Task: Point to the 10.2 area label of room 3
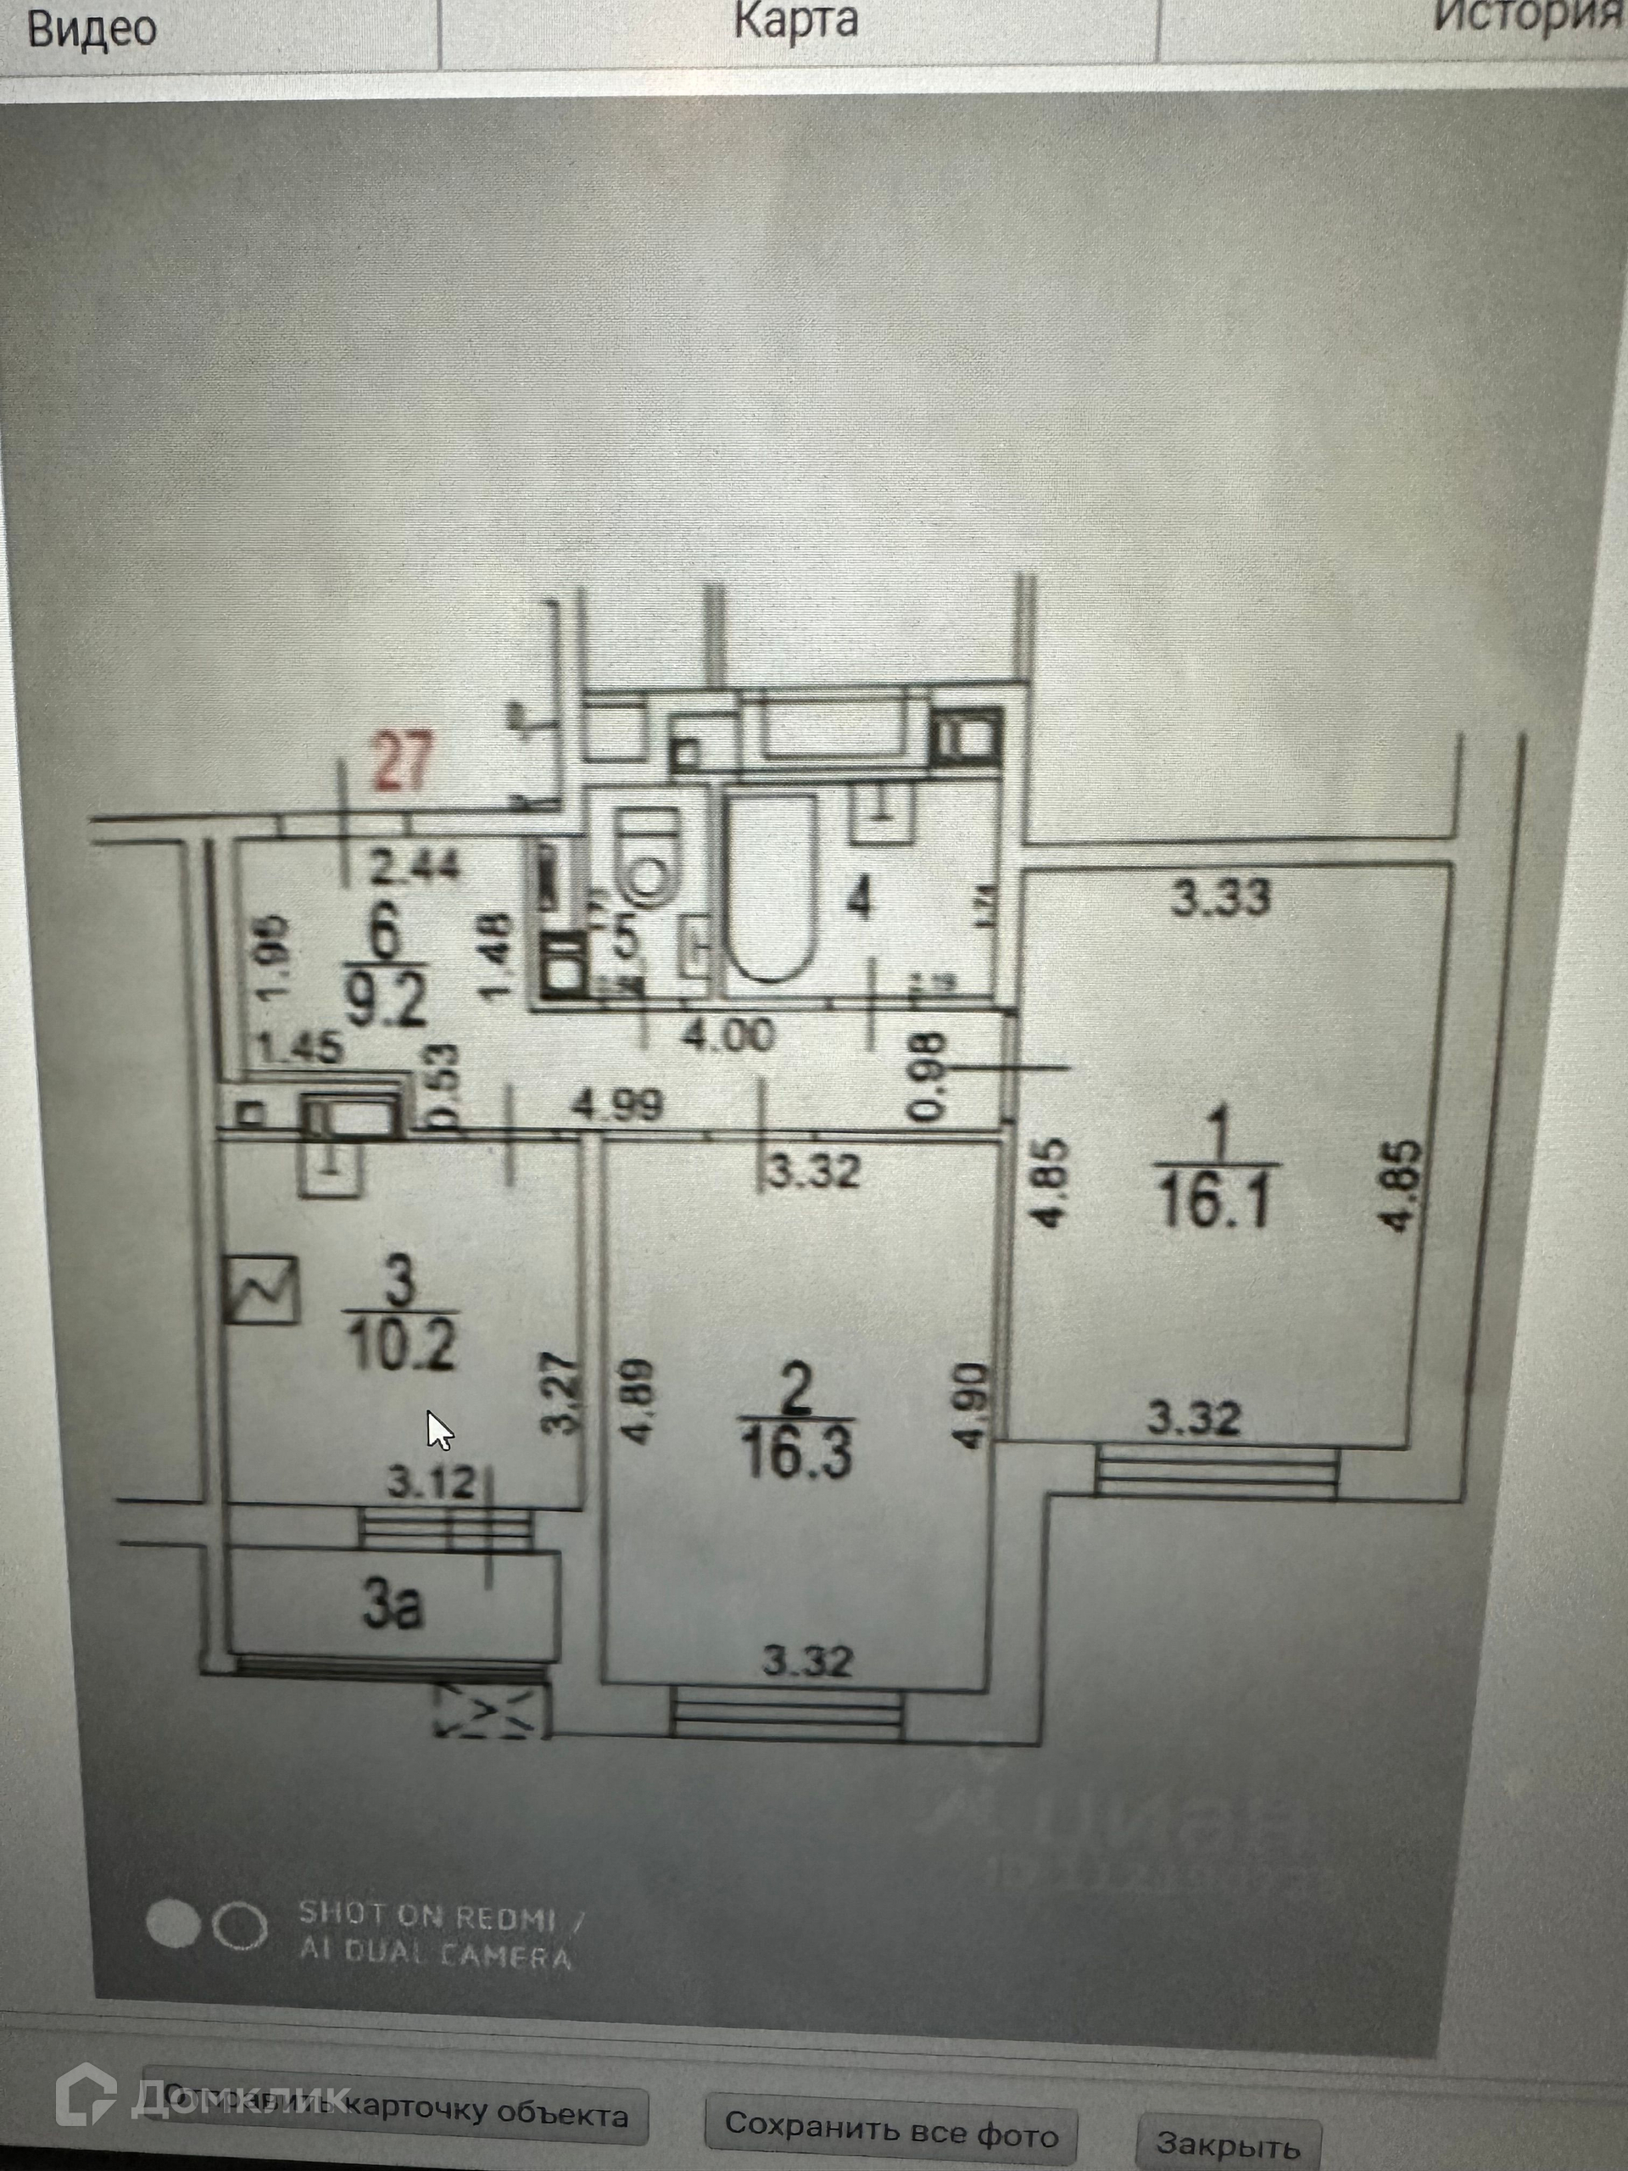[404, 1348]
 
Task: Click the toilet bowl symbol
[649, 854]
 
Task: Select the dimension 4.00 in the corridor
[728, 1035]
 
